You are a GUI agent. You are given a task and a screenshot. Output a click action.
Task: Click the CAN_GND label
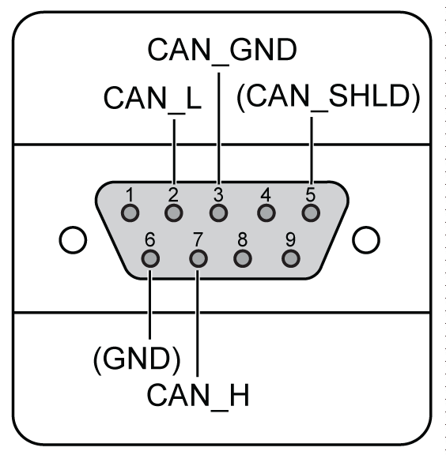pos(222,51)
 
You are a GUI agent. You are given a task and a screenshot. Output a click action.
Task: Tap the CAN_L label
pos(153,99)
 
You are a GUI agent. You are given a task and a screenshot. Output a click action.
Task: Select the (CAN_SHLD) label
pos(328,97)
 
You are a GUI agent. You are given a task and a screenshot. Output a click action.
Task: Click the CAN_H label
pos(198,396)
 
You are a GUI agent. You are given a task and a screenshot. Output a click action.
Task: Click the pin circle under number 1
pos(130,213)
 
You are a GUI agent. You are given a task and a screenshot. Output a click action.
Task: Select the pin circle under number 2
pos(174,213)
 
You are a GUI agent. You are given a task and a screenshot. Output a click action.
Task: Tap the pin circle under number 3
pos(218,213)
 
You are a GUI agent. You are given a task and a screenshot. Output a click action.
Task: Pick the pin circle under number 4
pos(266,213)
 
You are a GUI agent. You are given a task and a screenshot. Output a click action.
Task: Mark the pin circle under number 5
pos(311,213)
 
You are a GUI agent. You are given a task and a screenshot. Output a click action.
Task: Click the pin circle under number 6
pos(150,258)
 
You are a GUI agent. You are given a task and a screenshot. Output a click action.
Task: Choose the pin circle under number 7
pos(198,258)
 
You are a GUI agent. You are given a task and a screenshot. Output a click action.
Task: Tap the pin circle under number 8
pos(243,258)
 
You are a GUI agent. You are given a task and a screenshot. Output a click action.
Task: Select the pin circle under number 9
pos(291,258)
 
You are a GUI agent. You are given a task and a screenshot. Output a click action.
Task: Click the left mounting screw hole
pos(73,240)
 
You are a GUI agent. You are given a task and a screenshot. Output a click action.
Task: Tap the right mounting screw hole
pos(366,240)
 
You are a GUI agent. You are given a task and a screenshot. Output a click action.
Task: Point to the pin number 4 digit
pos(266,194)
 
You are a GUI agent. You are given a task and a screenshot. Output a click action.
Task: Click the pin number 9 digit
pos(290,239)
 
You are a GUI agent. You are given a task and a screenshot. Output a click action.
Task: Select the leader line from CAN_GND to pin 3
pos(219,129)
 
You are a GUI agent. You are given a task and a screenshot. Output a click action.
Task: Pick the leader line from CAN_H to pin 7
pos(198,324)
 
